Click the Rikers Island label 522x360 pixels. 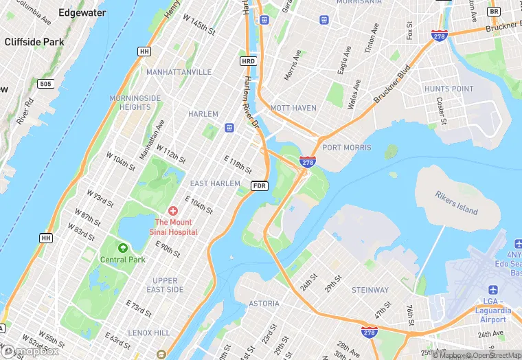[x=456, y=202]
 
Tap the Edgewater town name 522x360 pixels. [x=82, y=12]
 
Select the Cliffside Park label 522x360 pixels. [x=34, y=41]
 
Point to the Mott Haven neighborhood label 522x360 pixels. [x=293, y=108]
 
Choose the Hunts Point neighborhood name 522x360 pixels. [x=449, y=89]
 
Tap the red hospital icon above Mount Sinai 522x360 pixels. [x=172, y=210]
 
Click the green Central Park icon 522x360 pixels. [x=123, y=248]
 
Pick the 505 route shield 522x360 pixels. [x=45, y=84]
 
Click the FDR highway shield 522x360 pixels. [x=259, y=185]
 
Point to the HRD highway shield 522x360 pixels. [x=248, y=61]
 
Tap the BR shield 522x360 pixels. [x=493, y=12]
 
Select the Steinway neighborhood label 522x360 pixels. [x=370, y=290]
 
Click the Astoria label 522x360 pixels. [x=264, y=303]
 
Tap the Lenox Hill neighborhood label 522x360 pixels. [x=149, y=333]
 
